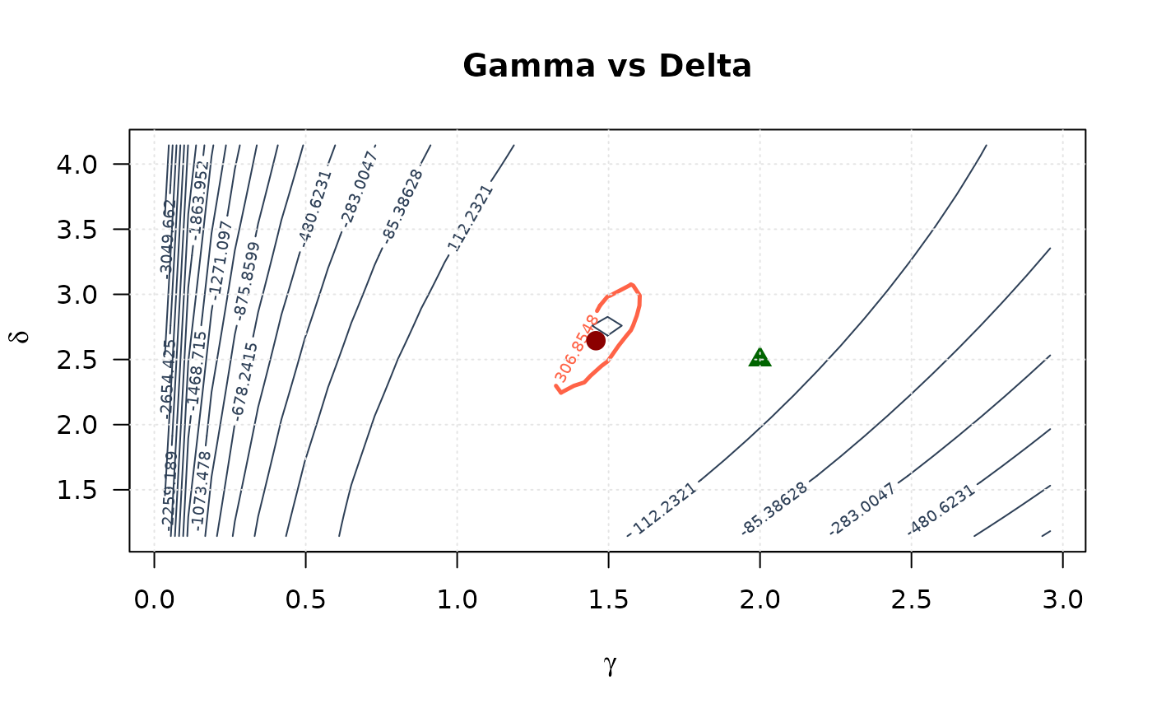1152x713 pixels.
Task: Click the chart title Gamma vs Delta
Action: click(x=607, y=67)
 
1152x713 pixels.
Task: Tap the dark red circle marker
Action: click(x=596, y=340)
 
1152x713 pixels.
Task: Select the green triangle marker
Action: click(x=759, y=357)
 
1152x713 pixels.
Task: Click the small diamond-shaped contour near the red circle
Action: click(x=607, y=326)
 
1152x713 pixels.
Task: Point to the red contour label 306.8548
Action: click(x=577, y=348)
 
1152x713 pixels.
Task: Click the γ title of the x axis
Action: click(x=610, y=666)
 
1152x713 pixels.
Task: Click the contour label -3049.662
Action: click(x=168, y=239)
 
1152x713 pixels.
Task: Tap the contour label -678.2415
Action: click(x=245, y=381)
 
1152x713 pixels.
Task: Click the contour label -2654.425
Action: click(x=168, y=379)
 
